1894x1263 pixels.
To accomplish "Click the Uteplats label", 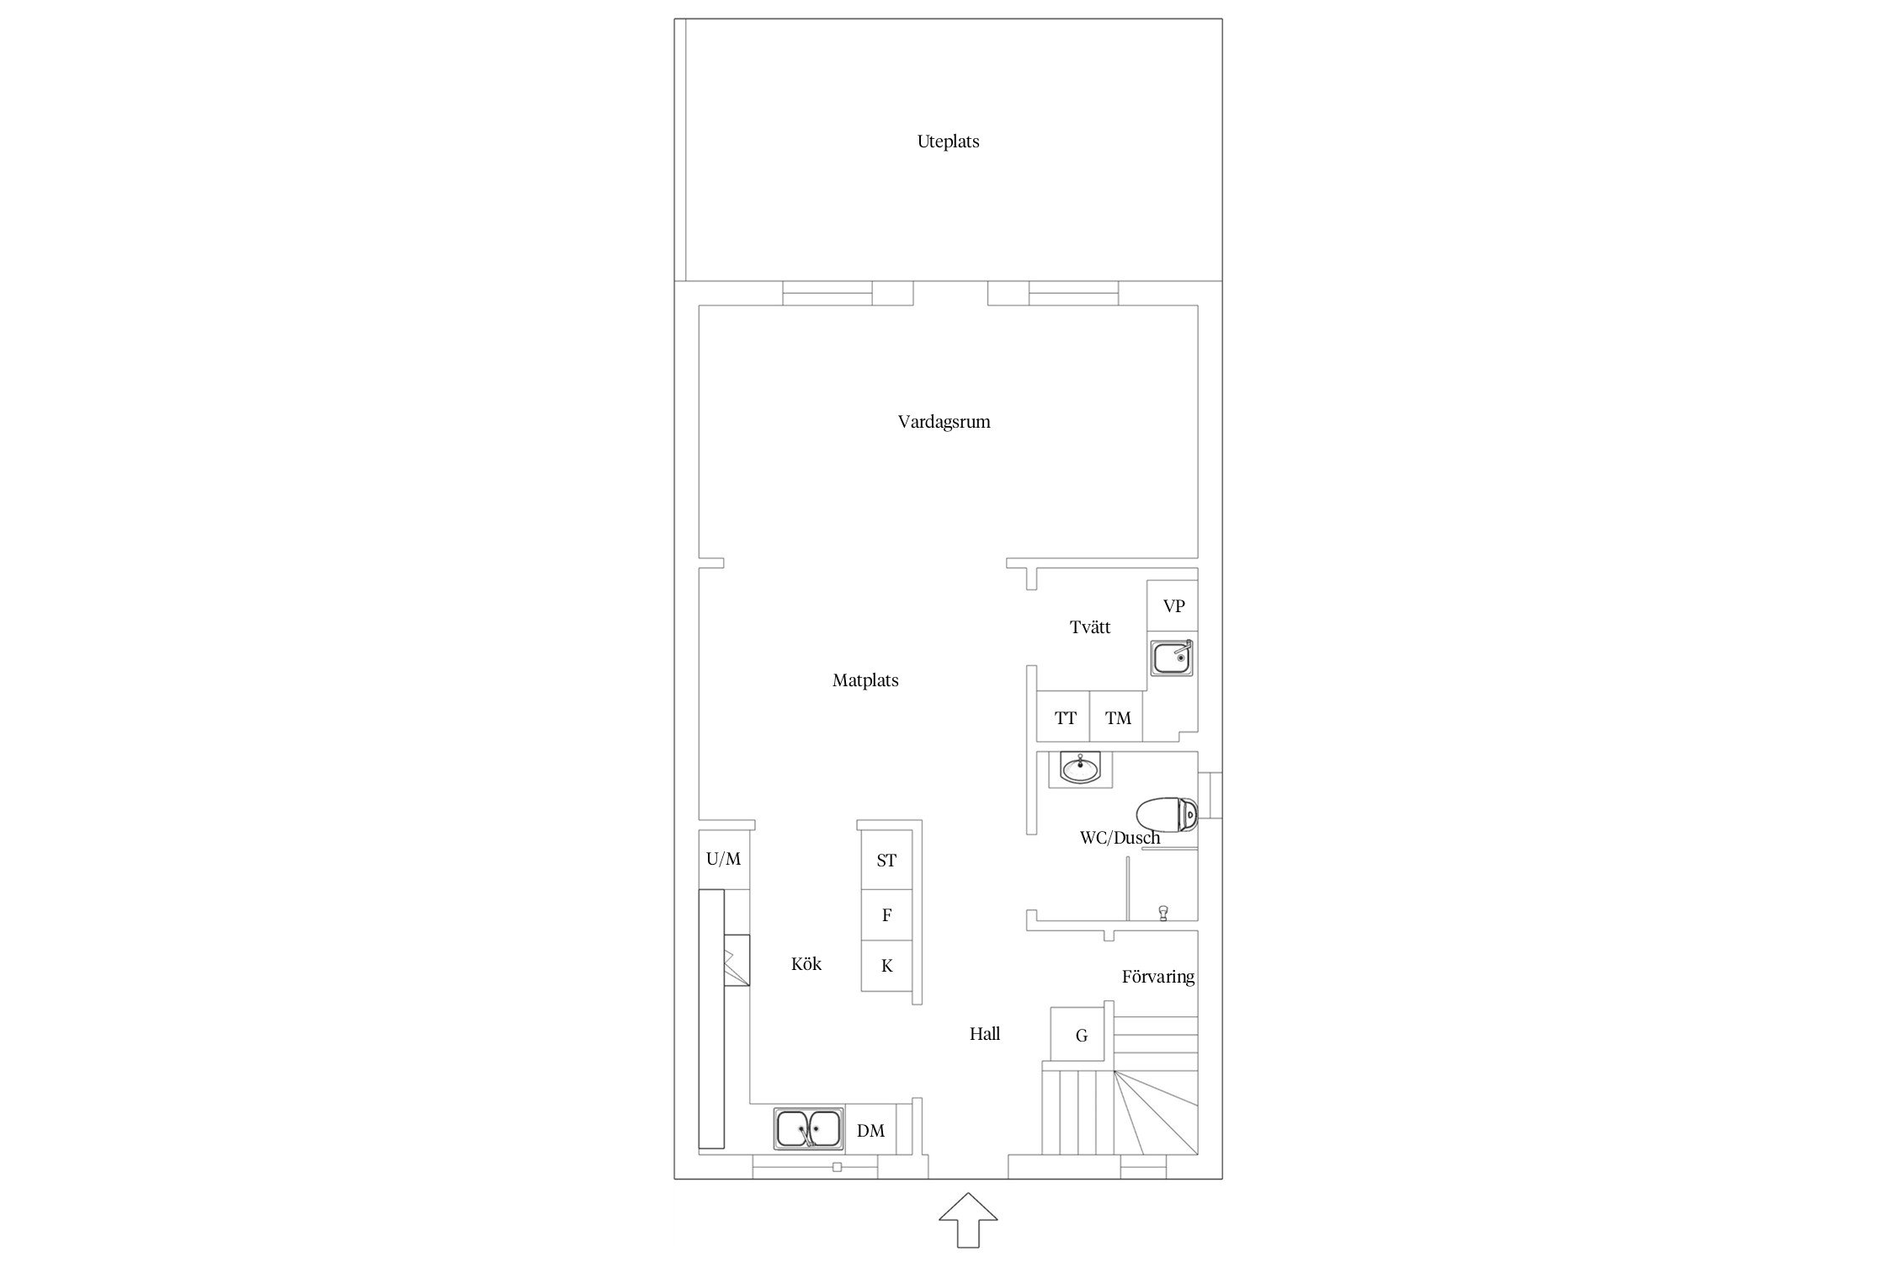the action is coord(948,141).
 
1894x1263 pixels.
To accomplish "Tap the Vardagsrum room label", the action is coord(944,422).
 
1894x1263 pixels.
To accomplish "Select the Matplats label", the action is coord(865,680).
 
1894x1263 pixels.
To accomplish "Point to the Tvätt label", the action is coord(1090,627).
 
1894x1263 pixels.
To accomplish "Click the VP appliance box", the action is coord(1173,606).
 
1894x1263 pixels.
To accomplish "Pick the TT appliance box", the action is coord(1064,717).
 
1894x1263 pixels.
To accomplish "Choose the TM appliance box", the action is coord(1117,717).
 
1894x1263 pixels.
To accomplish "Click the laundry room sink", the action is coord(1172,657).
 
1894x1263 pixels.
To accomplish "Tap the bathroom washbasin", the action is coord(1080,768).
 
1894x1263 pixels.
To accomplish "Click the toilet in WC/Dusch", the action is coord(1167,814).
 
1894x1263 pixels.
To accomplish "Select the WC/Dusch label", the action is coord(1120,838).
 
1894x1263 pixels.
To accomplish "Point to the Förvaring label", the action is coord(1158,977).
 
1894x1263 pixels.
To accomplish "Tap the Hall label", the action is coord(985,1034).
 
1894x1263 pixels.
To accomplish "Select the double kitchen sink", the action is coord(808,1129).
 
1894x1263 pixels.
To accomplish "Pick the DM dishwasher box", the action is coord(870,1130).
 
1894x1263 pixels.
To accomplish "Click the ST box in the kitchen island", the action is coord(886,860).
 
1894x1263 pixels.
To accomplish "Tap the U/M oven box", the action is coord(724,860).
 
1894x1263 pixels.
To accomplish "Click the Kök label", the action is coord(806,964).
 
